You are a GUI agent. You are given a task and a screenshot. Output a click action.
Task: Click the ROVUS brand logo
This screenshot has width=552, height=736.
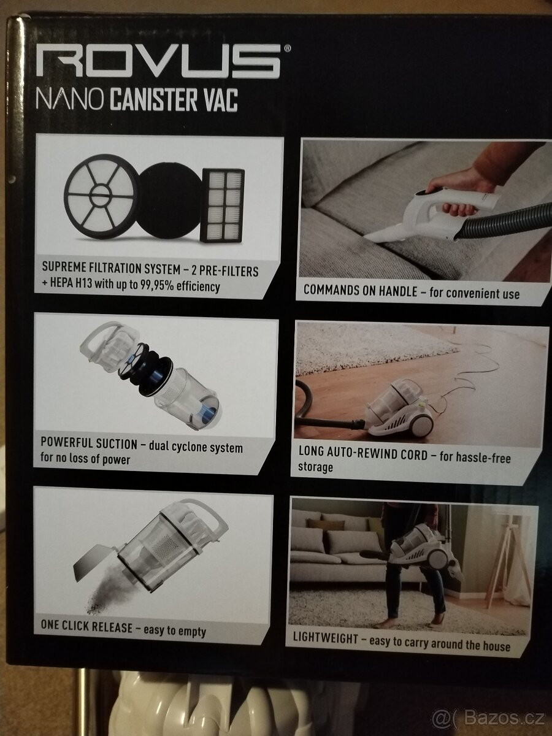click(x=158, y=61)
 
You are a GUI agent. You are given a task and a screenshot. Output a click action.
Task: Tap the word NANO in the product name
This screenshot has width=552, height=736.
click(x=70, y=99)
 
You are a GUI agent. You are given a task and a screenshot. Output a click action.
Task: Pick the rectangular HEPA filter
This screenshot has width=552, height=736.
click(x=222, y=205)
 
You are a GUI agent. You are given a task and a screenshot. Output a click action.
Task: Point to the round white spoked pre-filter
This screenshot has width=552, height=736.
click(x=101, y=196)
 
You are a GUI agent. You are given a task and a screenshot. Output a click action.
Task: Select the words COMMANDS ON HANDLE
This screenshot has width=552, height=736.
click(x=360, y=290)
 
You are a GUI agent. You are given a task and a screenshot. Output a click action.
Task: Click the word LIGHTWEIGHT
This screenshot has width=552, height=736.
click(x=326, y=638)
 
